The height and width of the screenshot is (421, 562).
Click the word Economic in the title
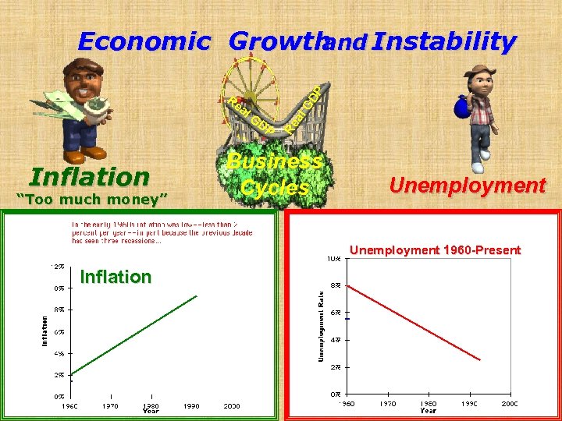[144, 41]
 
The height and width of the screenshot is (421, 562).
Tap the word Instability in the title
[444, 41]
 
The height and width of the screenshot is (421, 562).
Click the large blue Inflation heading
[88, 177]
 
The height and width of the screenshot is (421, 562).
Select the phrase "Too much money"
[92, 200]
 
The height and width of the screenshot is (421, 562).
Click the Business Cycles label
[273, 175]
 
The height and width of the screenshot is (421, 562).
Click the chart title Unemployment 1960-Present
[435, 250]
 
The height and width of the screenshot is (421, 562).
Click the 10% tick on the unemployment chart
[333, 258]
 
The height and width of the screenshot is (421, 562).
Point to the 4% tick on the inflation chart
[59, 353]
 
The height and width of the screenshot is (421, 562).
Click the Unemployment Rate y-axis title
[320, 325]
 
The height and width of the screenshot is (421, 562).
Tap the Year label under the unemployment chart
[428, 411]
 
